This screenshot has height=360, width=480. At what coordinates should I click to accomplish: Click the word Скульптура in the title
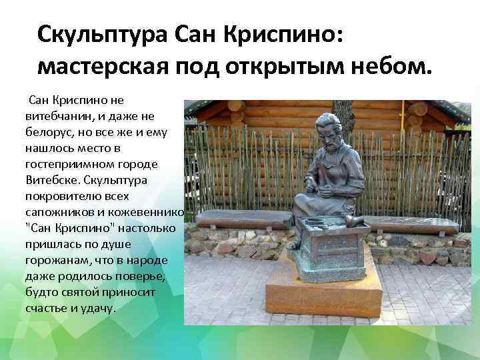(x=103, y=33)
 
